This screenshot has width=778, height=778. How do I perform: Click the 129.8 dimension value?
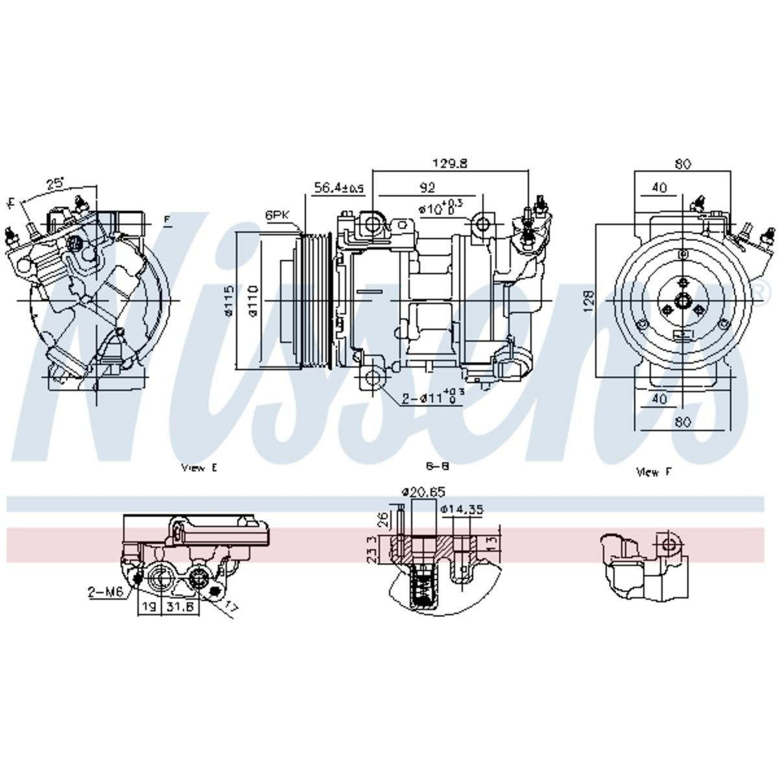point(449,164)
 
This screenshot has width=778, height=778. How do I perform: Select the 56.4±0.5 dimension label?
point(339,188)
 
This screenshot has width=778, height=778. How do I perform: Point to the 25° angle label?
point(55,183)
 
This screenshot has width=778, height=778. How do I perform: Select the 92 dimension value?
point(427,188)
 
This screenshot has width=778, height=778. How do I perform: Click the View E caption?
point(199,468)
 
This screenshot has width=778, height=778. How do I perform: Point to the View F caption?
point(654,472)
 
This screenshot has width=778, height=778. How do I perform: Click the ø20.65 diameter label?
point(423,493)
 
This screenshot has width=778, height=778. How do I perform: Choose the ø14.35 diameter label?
point(461,510)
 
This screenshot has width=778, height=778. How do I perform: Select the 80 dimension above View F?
point(682,164)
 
